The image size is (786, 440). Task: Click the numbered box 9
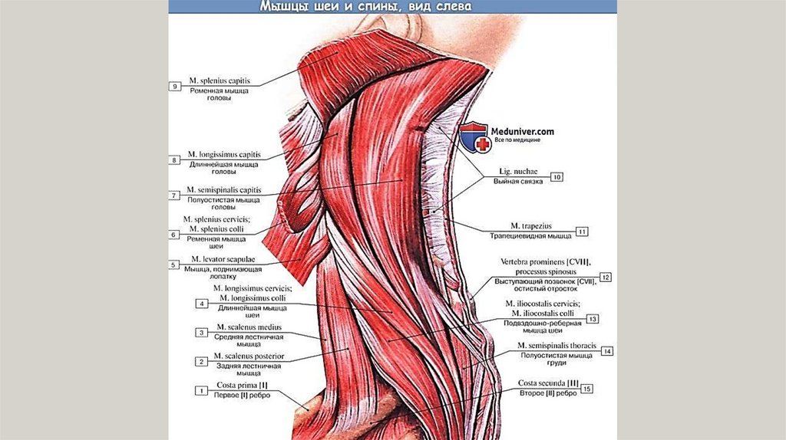[176, 87]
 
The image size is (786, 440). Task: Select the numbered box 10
[556, 177]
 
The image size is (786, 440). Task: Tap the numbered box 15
[587, 389]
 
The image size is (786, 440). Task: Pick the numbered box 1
[200, 391]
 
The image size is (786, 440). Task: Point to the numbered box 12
[606, 277]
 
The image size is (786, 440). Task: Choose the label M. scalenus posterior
[249, 356]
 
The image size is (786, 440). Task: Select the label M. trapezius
[531, 226]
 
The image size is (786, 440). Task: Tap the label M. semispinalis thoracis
[547, 346]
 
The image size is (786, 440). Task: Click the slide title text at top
[365, 7]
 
